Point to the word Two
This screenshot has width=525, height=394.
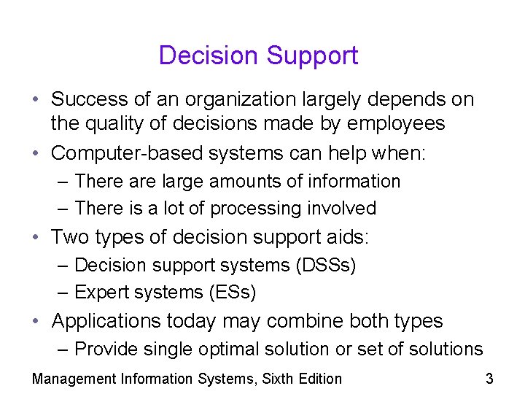click(69, 237)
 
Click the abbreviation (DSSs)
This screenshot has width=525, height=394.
click(326, 265)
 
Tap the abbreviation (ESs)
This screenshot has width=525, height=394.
click(231, 293)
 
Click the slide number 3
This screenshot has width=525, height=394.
click(489, 378)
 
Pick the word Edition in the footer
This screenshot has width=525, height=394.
click(319, 378)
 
